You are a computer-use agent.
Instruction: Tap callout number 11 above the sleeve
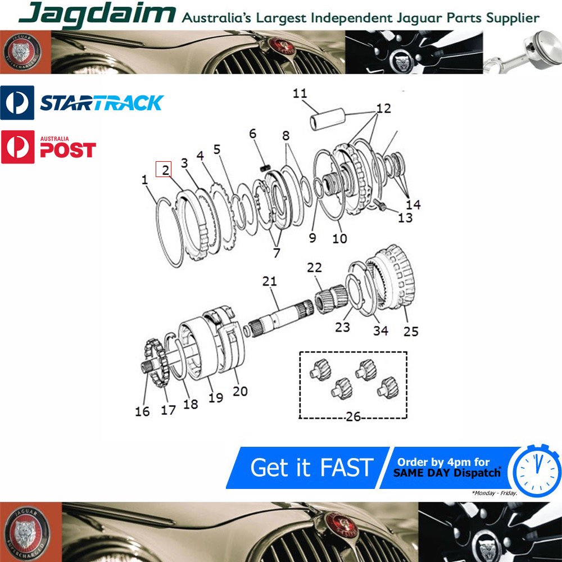point(300,93)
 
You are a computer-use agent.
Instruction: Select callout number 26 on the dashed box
point(353,416)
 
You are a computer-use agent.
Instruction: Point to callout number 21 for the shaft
point(270,282)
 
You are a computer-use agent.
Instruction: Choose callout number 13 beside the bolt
point(405,218)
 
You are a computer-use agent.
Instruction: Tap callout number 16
point(142,411)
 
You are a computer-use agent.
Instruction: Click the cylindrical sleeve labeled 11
point(327,119)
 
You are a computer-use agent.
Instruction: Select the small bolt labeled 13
point(379,205)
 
